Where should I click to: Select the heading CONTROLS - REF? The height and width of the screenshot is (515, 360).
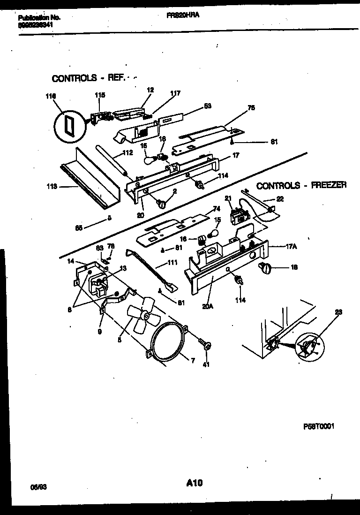[x=88, y=78]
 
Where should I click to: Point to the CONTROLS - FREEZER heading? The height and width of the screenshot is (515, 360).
[x=301, y=185]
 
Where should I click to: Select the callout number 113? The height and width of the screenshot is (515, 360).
[x=52, y=186]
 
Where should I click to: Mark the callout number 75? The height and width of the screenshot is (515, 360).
[x=251, y=107]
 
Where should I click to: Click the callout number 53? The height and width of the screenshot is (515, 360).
[x=208, y=106]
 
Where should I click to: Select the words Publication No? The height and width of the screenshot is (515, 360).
[x=39, y=17]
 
